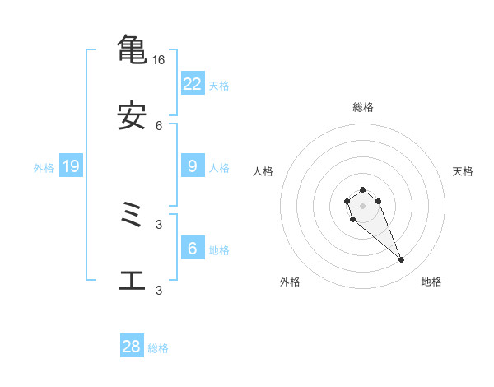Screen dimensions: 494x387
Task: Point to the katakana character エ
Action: pyautogui.click(x=132, y=281)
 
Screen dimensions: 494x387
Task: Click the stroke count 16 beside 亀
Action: pyautogui.click(x=158, y=60)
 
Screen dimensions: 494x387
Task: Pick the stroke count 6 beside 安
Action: pyautogui.click(x=159, y=125)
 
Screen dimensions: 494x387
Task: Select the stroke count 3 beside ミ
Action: pyautogui.click(x=159, y=224)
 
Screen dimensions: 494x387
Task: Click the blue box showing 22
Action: pyautogui.click(x=193, y=83)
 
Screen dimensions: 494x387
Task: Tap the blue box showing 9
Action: pyautogui.click(x=193, y=166)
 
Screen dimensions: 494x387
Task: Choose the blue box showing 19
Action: pyautogui.click(x=71, y=166)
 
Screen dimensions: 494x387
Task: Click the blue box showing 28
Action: pyautogui.click(x=132, y=347)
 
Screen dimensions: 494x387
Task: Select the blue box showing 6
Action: pyautogui.click(x=193, y=249)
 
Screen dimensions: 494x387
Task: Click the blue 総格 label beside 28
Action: pyautogui.click(x=158, y=348)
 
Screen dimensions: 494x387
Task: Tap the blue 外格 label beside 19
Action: pyautogui.click(x=44, y=168)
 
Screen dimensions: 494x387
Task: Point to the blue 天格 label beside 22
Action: pyautogui.click(x=219, y=85)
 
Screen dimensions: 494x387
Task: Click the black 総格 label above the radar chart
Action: pyautogui.click(x=363, y=107)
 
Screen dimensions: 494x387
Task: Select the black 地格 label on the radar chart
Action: pyautogui.click(x=431, y=282)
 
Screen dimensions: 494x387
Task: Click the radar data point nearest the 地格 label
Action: pyautogui.click(x=402, y=260)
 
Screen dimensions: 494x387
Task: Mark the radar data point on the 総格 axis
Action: pyautogui.click(x=363, y=189)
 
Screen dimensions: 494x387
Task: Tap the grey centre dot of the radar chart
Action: pyautogui.click(x=363, y=206)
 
